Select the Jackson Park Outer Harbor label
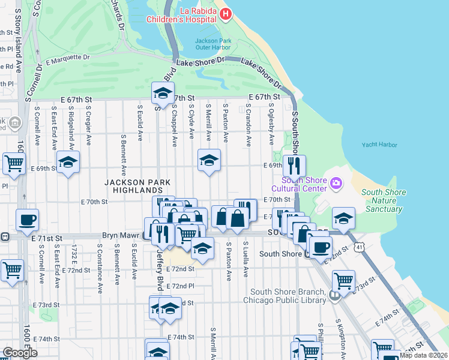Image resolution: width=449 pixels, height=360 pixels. pos(217,45)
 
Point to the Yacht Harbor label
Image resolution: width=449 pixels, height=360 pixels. pos(379,145)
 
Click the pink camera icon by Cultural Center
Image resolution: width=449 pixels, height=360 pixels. pos(336,181)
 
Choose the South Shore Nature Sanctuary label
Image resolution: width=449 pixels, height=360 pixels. pos(384,200)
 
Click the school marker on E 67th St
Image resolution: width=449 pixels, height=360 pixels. pos(161,92)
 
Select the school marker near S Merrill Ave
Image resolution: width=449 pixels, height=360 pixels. pos(209,160)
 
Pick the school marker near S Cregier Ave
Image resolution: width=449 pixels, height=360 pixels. pos(68,161)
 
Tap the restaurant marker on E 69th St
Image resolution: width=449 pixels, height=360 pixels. pos(294,165)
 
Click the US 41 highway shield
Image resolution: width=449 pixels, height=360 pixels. pos(358,247)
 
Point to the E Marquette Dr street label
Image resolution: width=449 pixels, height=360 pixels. pos(67,59)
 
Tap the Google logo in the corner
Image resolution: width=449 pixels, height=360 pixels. pos(20,353)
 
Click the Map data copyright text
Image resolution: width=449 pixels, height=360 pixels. pos(423,355)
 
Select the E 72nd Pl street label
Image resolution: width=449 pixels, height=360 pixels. pos(181,287)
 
